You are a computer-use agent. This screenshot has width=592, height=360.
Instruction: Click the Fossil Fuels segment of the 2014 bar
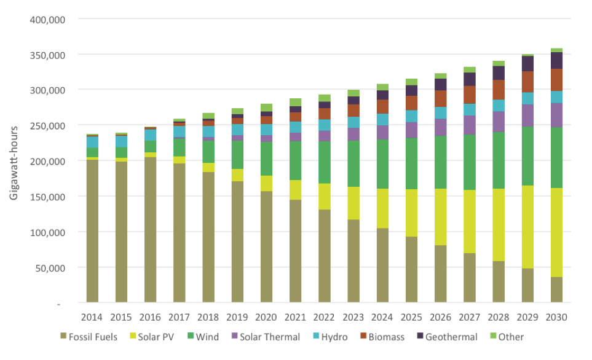pos(92,230)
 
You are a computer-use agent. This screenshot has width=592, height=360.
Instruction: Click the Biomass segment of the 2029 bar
pos(527,82)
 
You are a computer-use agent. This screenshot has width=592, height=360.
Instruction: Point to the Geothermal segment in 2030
pos(556,60)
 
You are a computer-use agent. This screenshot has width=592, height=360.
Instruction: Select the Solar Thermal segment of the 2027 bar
pos(470,125)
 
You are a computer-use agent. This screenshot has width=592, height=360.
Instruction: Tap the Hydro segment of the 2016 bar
pos(151,135)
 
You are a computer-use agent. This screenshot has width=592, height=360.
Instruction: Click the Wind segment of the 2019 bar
pos(237,155)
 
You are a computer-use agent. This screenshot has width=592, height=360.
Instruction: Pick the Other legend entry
pos(505,337)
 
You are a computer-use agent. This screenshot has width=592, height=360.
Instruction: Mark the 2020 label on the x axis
pos(266,318)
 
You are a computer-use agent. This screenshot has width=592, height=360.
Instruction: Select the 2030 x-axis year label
pos(556,318)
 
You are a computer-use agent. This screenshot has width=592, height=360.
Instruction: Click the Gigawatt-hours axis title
pos(14,161)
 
